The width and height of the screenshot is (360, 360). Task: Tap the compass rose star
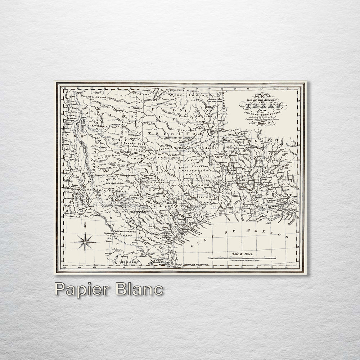point(85,242)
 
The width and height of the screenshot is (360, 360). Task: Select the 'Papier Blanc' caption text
point(108,289)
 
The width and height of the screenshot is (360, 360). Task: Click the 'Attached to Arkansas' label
point(179,138)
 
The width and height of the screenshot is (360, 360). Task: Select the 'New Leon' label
point(130,263)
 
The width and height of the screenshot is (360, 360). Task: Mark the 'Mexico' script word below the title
point(262,123)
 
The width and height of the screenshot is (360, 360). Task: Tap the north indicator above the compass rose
point(85,226)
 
